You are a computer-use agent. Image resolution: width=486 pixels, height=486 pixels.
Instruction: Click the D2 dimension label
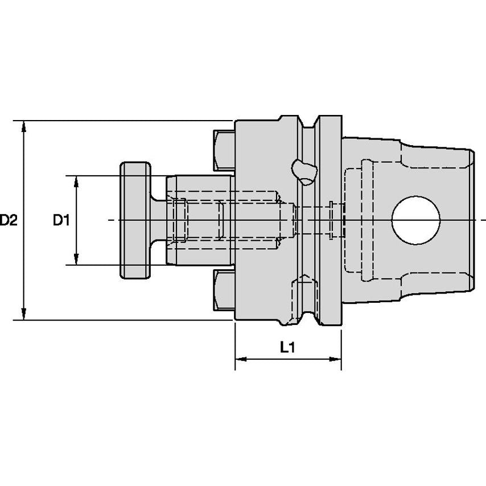coord(9,220)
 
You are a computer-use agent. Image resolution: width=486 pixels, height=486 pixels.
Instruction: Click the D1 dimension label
coord(62,220)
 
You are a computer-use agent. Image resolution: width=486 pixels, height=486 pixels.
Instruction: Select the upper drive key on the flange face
coord(224,151)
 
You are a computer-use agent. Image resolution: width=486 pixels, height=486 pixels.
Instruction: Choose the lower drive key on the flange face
coord(224,290)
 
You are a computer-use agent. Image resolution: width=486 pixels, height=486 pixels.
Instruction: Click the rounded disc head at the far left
coord(135,220)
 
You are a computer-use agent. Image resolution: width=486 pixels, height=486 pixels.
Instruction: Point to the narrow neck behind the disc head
coord(158,220)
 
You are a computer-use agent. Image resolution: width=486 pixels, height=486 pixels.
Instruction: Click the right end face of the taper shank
coord(472,220)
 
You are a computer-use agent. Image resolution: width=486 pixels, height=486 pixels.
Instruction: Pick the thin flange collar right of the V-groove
coord(330,220)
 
